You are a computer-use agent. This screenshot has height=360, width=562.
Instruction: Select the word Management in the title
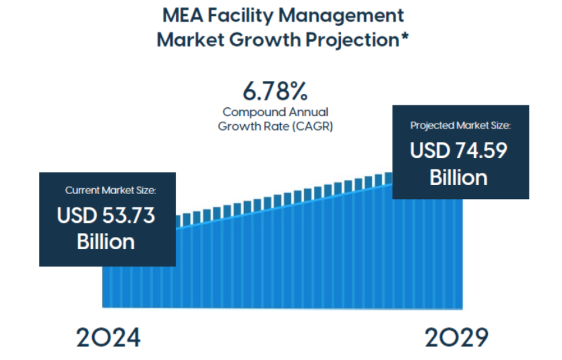point(347,15)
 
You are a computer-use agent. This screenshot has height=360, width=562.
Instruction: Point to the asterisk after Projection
point(404,38)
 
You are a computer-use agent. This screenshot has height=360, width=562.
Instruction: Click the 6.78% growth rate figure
point(275,91)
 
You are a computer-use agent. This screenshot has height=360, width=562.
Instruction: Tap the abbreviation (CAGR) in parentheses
point(312,126)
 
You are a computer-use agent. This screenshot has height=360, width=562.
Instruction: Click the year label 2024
point(108,337)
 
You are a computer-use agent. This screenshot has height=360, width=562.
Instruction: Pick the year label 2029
point(456,337)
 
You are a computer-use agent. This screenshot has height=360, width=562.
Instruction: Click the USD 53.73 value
point(106,215)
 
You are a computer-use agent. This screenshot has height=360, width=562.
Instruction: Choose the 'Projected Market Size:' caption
point(460,125)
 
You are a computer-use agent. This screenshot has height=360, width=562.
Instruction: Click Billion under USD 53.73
point(106,241)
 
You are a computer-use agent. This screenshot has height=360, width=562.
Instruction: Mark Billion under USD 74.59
point(459,177)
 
